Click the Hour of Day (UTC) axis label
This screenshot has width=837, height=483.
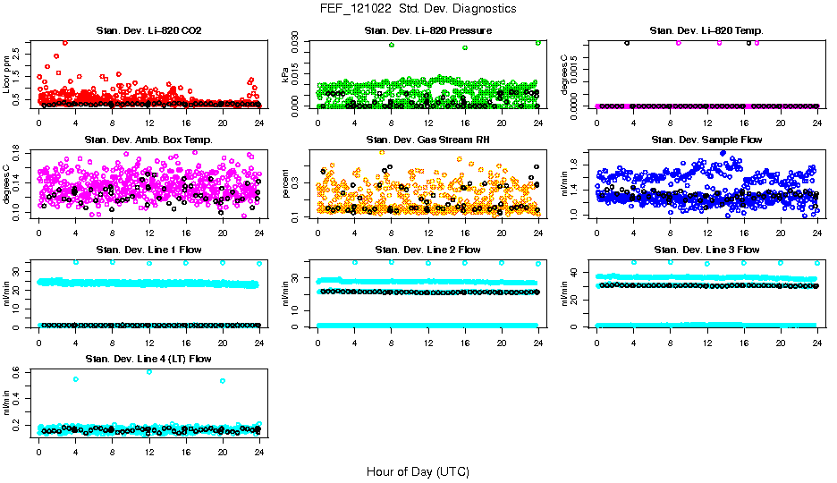418,470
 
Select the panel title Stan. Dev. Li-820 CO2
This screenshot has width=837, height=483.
148,31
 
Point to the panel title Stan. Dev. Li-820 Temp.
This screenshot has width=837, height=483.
706,31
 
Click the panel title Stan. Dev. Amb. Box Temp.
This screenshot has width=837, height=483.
148,140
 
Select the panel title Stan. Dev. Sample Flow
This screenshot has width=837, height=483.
706,140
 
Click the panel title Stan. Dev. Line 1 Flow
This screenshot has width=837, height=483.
148,250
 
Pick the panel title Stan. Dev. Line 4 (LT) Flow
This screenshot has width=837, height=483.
148,359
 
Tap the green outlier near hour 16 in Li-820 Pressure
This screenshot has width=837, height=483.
465,47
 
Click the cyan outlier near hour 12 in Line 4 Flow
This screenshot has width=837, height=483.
148,371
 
